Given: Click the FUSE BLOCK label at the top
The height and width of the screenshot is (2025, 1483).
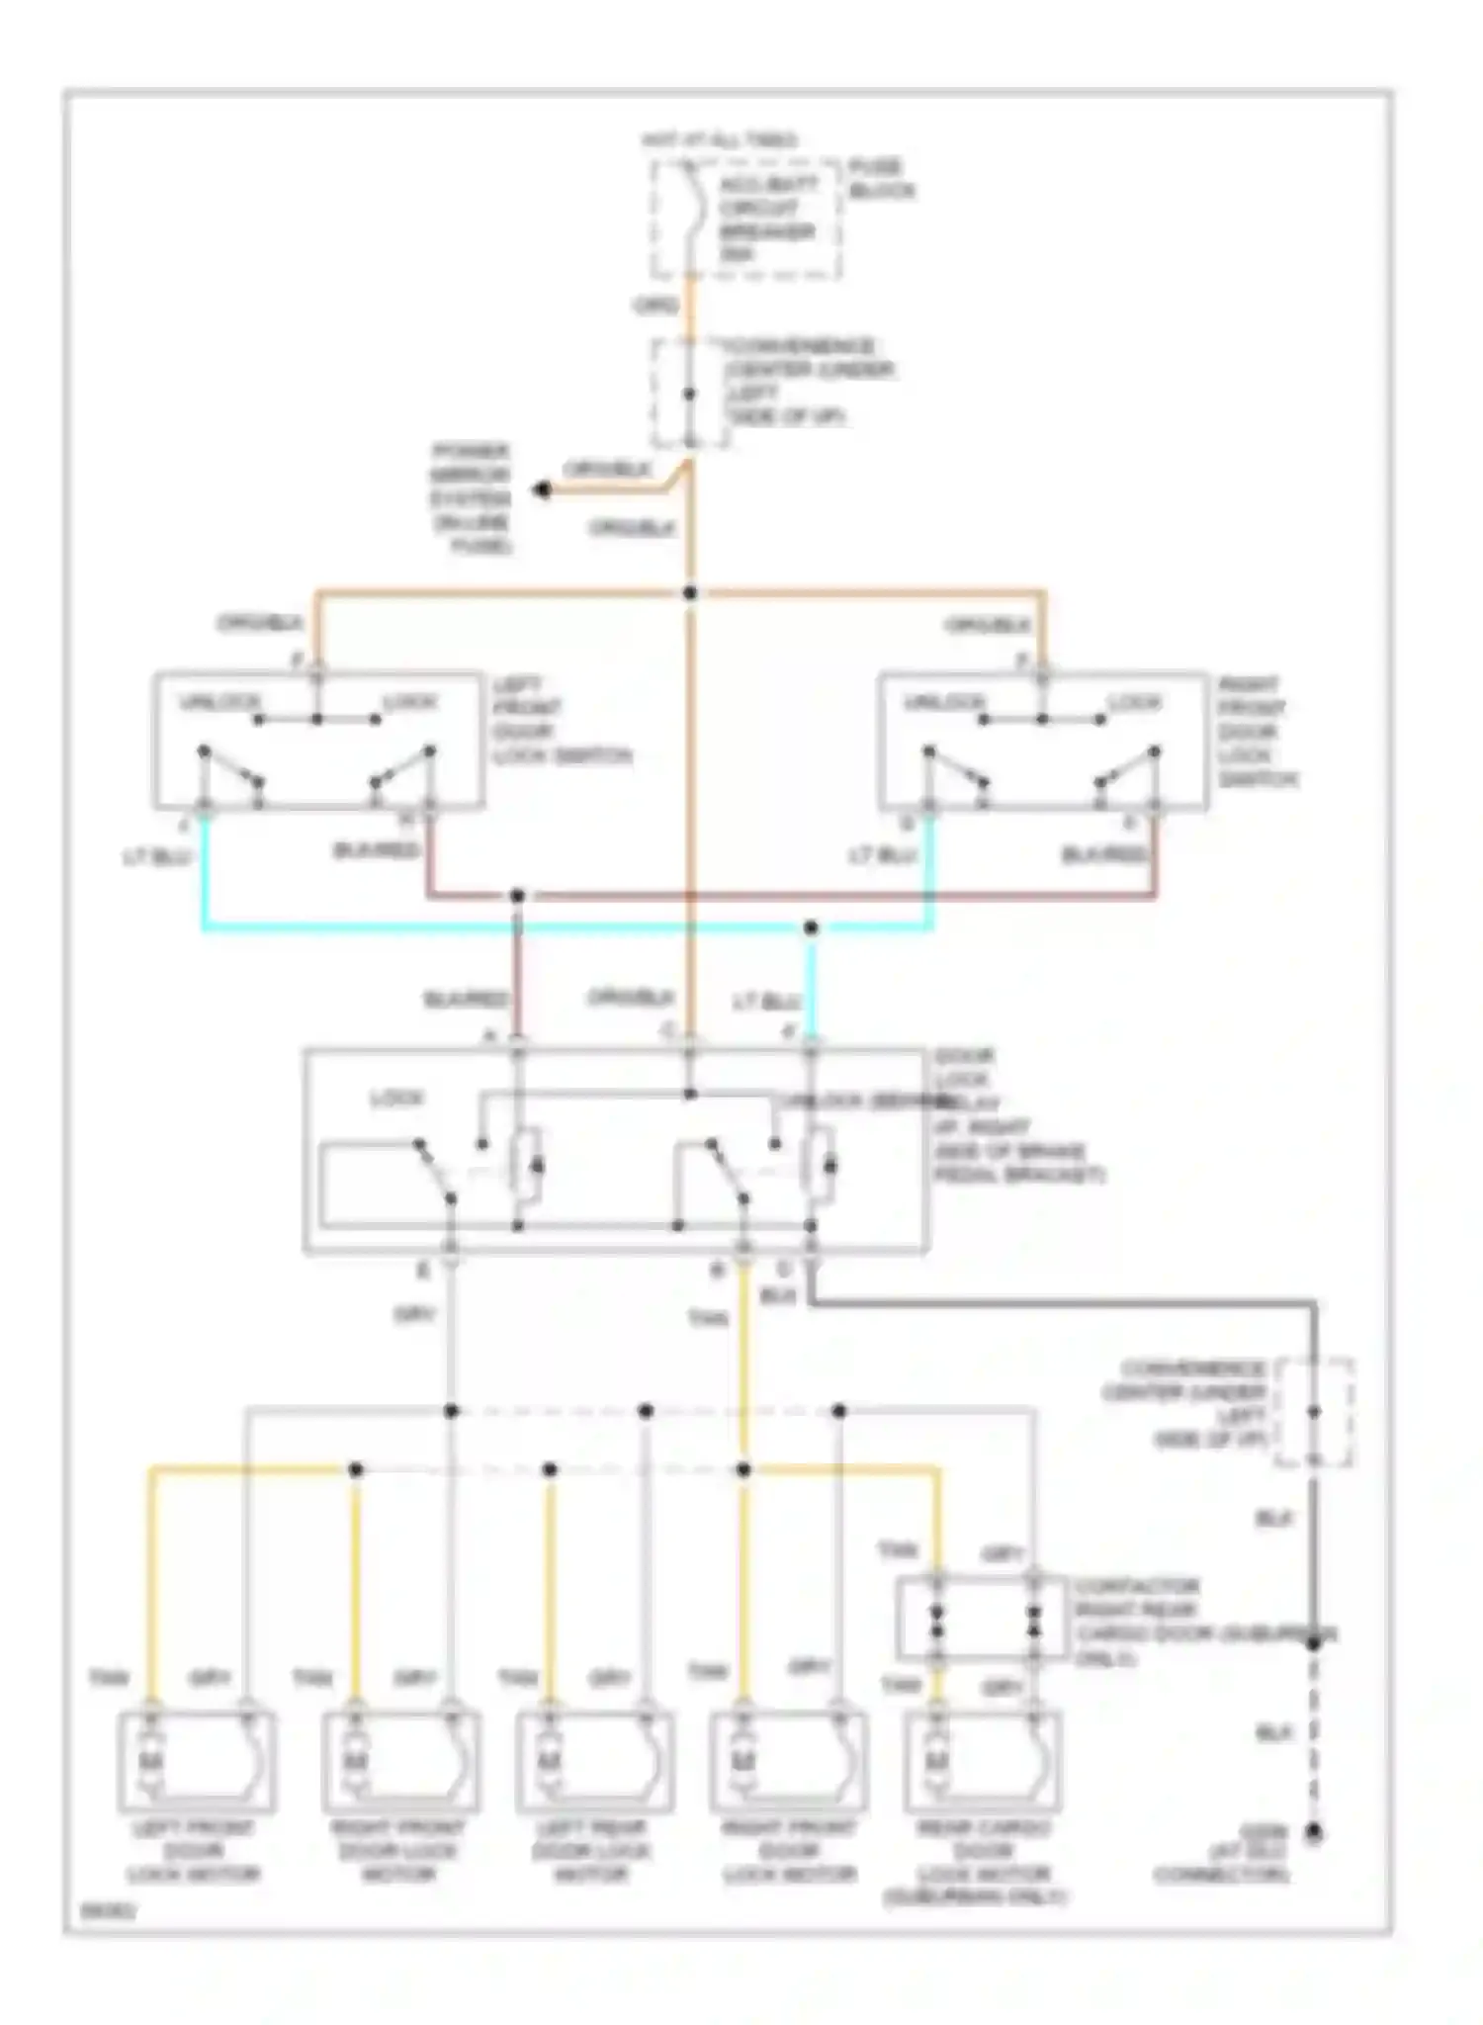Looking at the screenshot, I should tap(880, 179).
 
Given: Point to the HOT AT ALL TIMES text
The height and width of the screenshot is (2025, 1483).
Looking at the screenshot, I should tap(720, 141).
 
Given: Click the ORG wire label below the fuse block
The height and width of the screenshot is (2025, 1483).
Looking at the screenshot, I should tap(655, 306).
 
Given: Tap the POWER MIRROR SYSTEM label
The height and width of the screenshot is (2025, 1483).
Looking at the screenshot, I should tap(471, 498).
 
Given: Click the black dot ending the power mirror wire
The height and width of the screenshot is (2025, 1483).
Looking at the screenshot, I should tap(542, 489).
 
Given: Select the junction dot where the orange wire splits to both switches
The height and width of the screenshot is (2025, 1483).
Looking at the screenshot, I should tap(690, 593).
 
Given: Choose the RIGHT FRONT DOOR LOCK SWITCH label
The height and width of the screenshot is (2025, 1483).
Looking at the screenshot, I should tap(1256, 732).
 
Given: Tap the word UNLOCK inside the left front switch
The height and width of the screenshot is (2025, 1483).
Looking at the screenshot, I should tap(220, 703).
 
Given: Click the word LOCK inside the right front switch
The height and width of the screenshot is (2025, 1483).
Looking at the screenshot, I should tap(1134, 703).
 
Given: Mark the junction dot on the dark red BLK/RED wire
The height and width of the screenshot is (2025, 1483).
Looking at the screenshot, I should tap(517, 896).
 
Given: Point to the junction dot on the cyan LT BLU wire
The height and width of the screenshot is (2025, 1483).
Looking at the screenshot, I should tap(811, 927).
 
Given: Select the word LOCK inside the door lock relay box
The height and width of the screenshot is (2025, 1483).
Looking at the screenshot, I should tap(396, 1099).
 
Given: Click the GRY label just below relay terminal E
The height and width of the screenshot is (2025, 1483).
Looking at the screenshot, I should tap(415, 1316).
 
